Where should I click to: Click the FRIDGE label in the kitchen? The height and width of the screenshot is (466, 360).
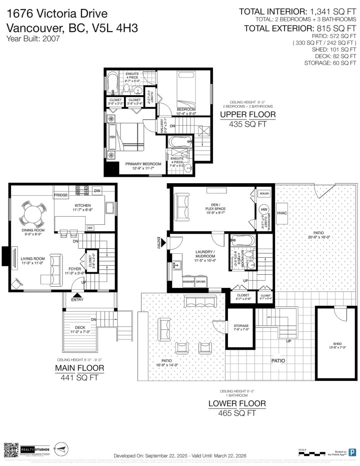point(61,195)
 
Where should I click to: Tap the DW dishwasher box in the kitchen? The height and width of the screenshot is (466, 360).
point(97,191)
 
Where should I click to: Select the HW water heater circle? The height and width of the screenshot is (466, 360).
point(264,209)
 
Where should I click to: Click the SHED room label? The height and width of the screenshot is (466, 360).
point(337,344)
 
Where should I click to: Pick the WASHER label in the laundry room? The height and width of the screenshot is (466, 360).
point(189,282)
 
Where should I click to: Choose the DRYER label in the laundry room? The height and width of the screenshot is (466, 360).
point(201,282)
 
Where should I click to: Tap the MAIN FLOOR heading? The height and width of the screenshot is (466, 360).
point(79,368)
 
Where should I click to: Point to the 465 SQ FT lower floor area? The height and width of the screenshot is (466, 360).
point(237,413)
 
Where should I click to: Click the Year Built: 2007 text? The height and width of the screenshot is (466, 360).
point(33,38)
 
